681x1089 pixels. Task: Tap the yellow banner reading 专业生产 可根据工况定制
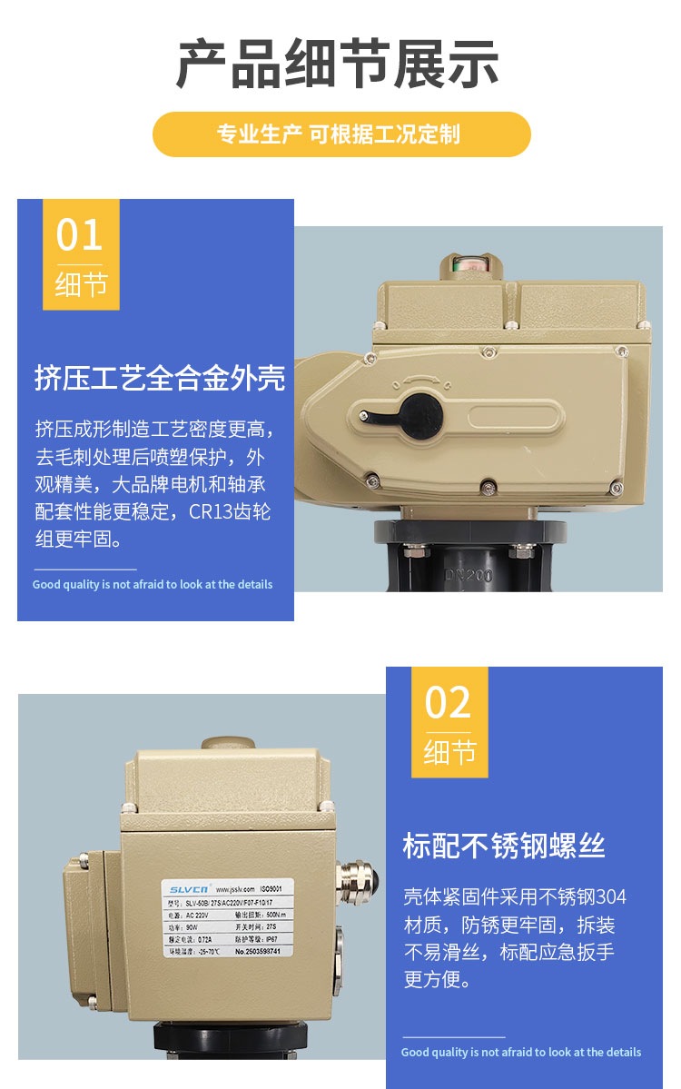point(340,134)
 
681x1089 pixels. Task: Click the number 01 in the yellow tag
point(80,234)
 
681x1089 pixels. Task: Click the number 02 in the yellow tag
point(449,703)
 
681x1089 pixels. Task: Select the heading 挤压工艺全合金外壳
point(160,377)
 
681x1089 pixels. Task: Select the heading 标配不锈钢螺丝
point(504,846)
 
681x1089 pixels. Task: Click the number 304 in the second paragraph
point(607,897)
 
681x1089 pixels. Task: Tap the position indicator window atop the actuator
point(471,267)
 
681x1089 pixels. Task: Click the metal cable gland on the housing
point(353,880)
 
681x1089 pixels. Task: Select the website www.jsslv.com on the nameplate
point(233,886)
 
